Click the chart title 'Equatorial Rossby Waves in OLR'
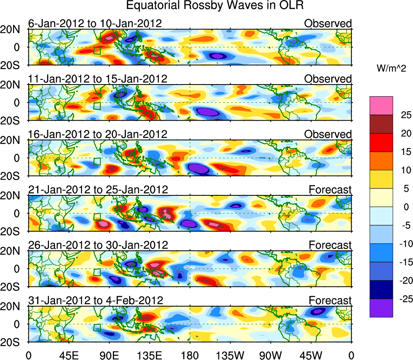214,6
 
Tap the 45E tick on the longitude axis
69,355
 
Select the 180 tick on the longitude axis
190,355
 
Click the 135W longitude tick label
230,355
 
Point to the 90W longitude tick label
271,355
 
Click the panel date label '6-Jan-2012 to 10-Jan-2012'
95,23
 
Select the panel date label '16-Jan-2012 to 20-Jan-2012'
97,134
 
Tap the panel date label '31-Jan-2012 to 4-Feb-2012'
95,300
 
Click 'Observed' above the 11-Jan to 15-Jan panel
328,79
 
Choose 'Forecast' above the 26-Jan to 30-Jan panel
330,245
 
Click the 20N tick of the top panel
14,30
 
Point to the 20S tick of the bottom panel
14,342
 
